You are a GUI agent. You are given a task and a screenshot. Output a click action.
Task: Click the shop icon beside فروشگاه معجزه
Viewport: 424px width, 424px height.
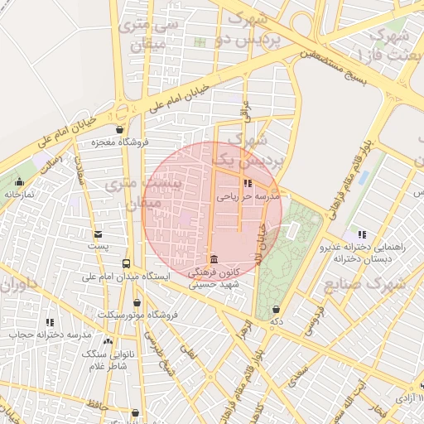pyautogui.click(x=121, y=130)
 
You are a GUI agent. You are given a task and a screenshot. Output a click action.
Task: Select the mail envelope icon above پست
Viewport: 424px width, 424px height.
pyautogui.click(x=99, y=234)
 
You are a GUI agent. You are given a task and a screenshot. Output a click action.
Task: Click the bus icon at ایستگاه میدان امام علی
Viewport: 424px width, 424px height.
pyautogui.click(x=126, y=264)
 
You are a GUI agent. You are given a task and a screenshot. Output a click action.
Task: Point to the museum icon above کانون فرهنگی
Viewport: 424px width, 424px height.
pyautogui.click(x=214, y=258)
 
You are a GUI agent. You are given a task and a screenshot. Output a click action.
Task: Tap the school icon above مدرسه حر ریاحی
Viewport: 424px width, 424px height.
pyautogui.click(x=247, y=184)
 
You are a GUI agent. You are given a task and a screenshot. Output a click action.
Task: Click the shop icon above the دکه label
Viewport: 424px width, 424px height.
pyautogui.click(x=275, y=309)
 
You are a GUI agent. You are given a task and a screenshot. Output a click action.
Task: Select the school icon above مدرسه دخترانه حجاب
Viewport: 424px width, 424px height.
pyautogui.click(x=50, y=322)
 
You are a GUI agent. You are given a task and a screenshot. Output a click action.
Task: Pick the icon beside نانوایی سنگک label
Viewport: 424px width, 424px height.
pyautogui.click(x=108, y=340)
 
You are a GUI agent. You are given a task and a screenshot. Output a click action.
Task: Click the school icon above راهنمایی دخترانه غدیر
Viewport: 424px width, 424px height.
pyautogui.click(x=361, y=234)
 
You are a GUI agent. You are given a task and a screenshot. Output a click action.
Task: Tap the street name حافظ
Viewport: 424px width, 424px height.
pyautogui.click(x=98, y=404)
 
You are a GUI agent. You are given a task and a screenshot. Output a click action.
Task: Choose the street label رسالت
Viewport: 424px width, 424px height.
pyautogui.click(x=53, y=161)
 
